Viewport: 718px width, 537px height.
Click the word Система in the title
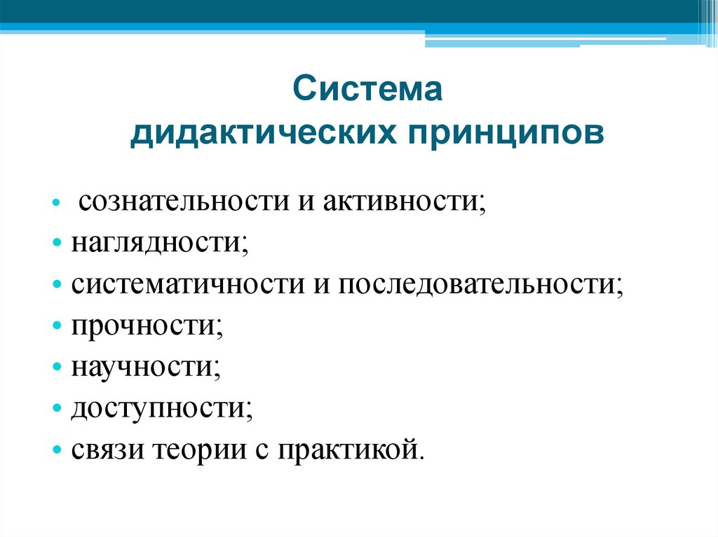(x=367, y=92)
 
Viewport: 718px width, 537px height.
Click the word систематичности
(x=184, y=285)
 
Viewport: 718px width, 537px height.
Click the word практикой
(x=351, y=449)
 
